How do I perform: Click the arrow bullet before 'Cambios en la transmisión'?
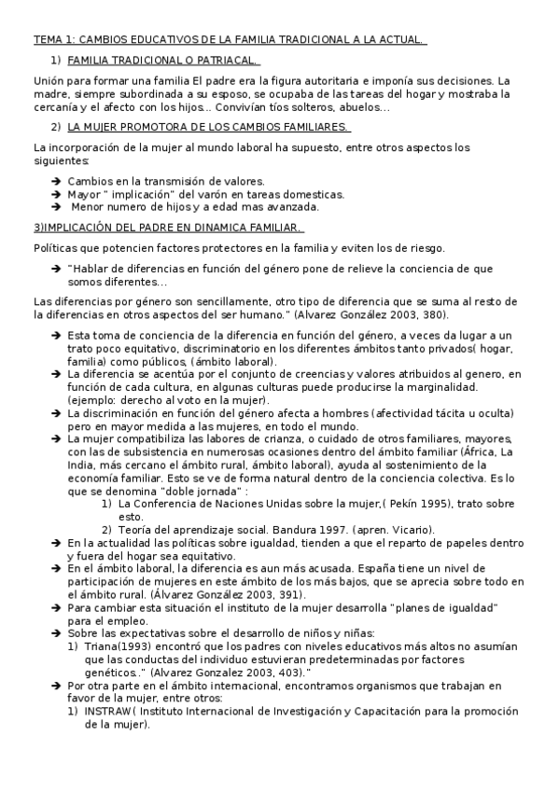(56, 181)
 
